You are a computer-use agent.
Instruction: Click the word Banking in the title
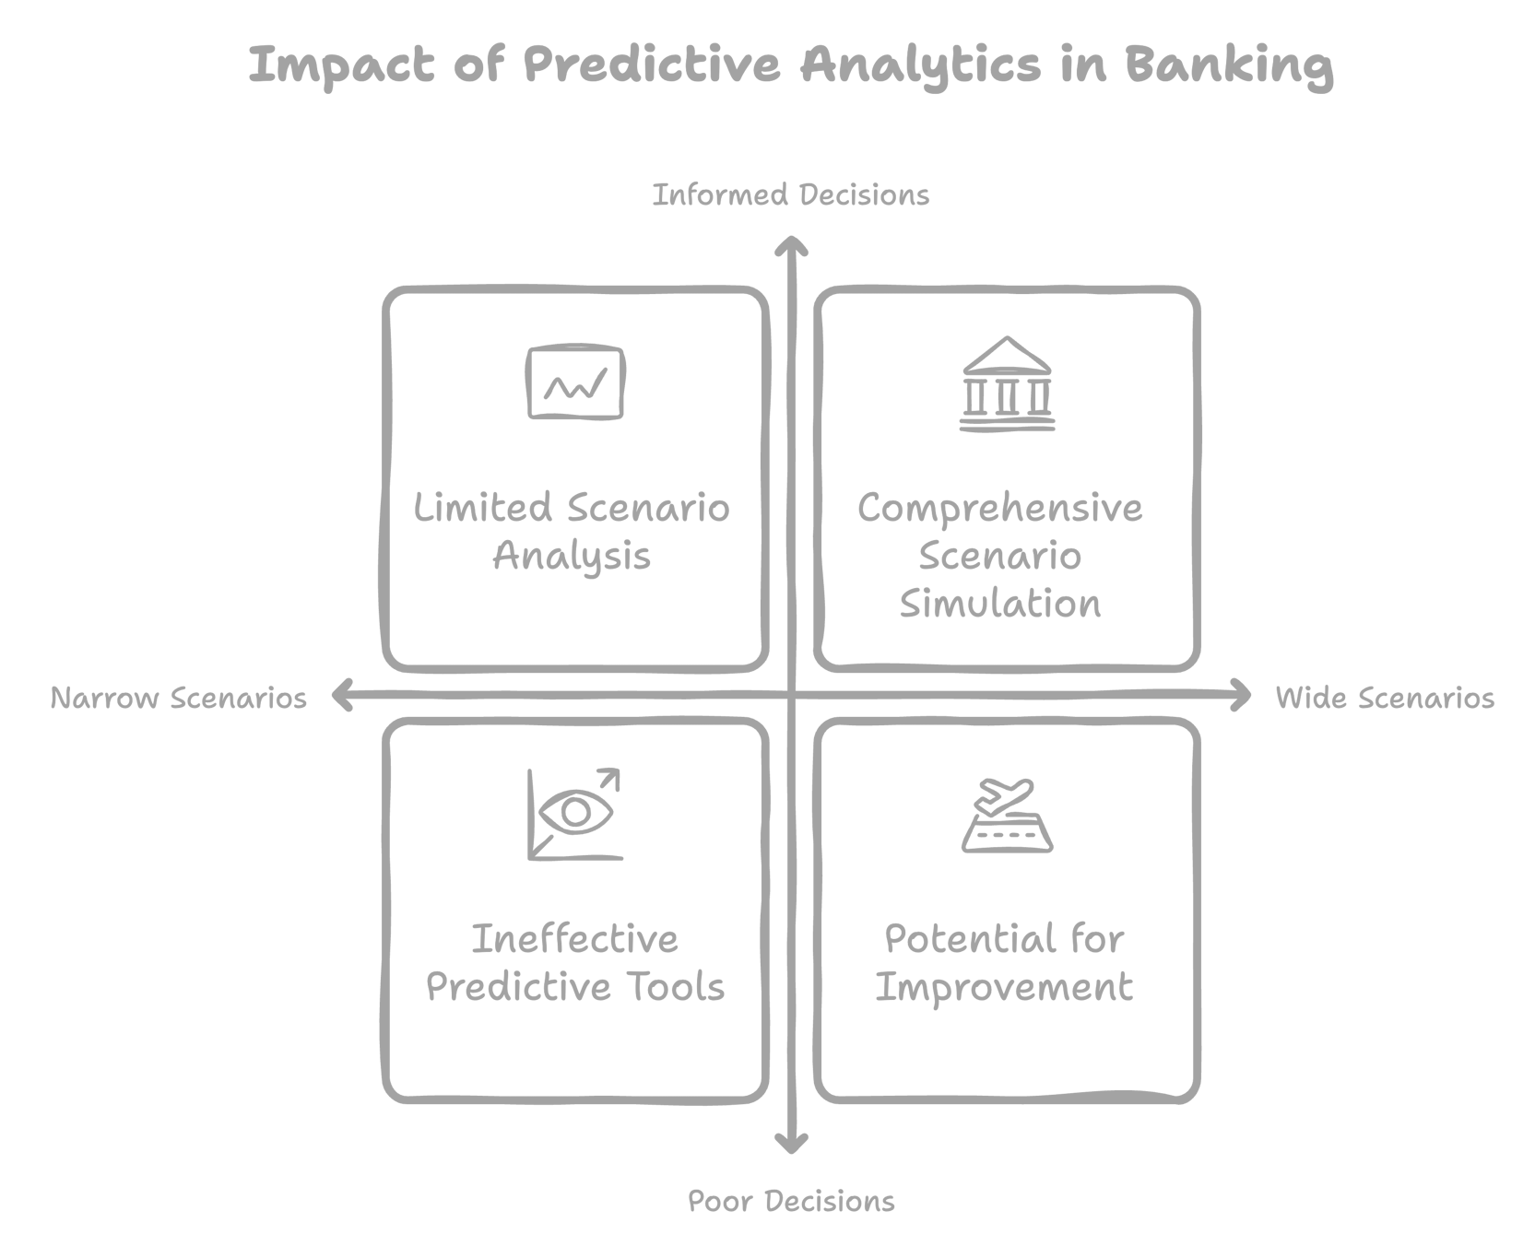[x=1228, y=65]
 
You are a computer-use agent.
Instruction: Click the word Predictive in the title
[x=653, y=65]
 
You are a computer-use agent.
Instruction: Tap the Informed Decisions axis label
[x=791, y=195]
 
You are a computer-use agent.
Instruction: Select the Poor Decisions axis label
[x=791, y=1202]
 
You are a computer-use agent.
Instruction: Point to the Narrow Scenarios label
[x=179, y=699]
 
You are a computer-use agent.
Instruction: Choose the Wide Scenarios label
[x=1385, y=699]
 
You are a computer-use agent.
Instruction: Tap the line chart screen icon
[x=575, y=383]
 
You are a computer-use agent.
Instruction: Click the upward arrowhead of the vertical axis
[x=791, y=244]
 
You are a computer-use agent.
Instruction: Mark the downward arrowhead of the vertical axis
[x=791, y=1146]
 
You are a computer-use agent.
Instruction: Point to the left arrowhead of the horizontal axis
[x=340, y=696]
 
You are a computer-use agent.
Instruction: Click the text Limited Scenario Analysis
[x=572, y=532]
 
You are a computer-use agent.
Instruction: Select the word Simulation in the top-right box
[x=1000, y=605]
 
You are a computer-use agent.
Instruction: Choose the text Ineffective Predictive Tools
[x=575, y=963]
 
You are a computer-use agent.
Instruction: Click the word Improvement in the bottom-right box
[x=1004, y=988]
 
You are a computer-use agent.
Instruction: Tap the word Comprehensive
[x=1000, y=509]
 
